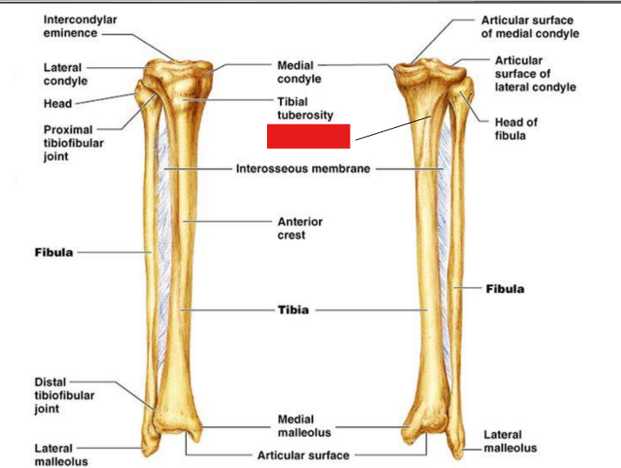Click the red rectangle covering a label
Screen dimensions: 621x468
(x=308, y=137)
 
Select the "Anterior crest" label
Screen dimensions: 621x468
(x=299, y=228)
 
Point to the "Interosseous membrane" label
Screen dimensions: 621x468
(x=304, y=168)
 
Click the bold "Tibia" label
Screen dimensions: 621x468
(x=293, y=310)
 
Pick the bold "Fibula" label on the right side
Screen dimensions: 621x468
(x=504, y=288)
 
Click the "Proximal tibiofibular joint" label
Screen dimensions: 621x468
(x=68, y=143)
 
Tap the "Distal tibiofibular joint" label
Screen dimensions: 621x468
(x=63, y=395)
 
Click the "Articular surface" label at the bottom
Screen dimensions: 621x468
(x=303, y=455)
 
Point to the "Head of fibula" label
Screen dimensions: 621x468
(x=516, y=129)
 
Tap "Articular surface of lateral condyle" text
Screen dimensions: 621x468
(x=535, y=74)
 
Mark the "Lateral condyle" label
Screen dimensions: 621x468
(x=65, y=74)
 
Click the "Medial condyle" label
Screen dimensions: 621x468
(x=299, y=72)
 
